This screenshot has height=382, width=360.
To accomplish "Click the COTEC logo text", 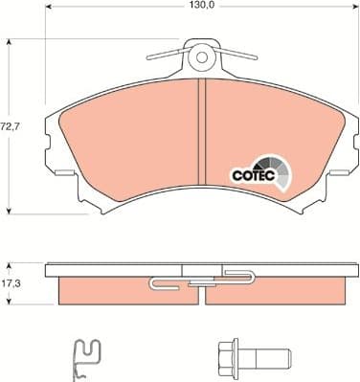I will [253, 175].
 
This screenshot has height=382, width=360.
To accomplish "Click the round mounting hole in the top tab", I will [201, 56].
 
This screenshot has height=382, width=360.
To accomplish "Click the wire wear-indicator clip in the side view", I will [201, 280].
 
